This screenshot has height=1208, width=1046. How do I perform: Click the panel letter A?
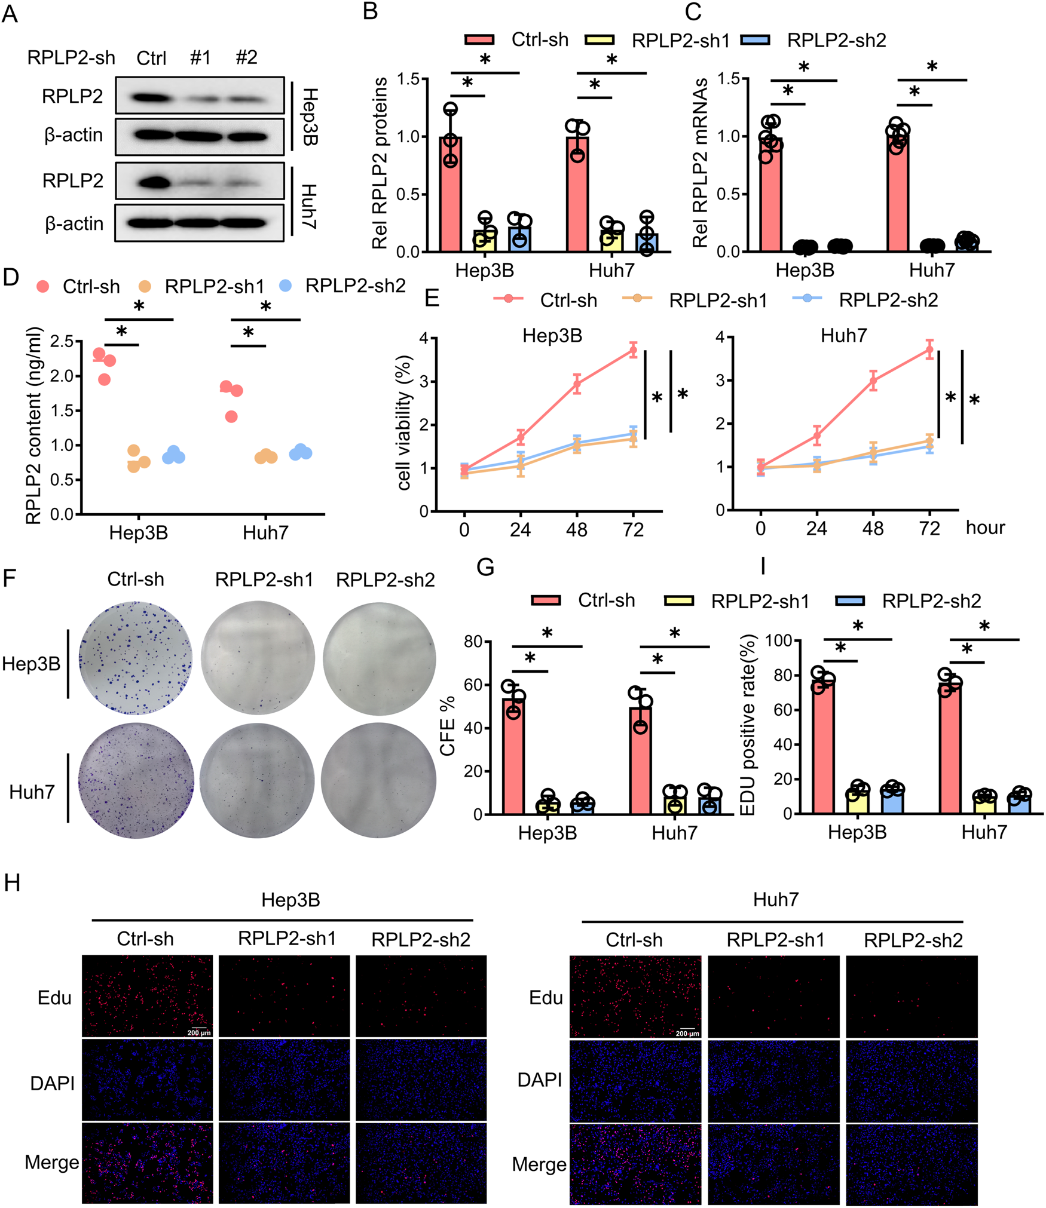10,13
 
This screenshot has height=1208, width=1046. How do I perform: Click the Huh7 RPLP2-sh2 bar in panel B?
647,242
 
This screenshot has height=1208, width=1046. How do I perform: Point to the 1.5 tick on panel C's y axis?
729,79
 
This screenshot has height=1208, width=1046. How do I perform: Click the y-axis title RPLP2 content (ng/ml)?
33,425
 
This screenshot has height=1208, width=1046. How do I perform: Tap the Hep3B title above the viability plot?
552,336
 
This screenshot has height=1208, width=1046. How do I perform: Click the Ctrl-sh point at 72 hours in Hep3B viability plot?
633,350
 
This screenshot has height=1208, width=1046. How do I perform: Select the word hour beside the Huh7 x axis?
985,528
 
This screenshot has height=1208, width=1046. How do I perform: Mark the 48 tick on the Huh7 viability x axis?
873,529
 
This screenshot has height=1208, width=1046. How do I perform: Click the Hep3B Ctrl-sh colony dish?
136,657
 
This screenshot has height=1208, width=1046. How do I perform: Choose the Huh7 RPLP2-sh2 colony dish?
378,780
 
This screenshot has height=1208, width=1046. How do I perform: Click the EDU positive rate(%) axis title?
748,725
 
